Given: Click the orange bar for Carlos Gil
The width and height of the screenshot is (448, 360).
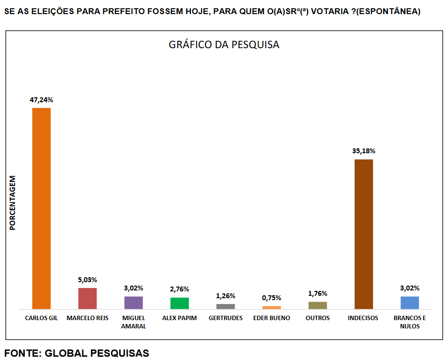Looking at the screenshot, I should click(41, 208).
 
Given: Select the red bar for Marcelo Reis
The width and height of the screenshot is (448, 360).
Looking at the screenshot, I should click(88, 298).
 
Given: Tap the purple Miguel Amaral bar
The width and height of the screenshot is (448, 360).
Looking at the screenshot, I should click(133, 303).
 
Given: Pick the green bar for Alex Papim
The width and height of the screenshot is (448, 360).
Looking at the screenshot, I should click(180, 303).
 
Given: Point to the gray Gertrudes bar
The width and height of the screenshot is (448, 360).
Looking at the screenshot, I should click(225, 306).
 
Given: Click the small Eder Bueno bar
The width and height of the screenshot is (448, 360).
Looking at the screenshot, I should click(272, 307).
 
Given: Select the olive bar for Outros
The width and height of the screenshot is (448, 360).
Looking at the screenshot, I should click(317, 305).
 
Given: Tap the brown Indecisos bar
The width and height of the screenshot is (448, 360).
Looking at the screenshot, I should click(363, 234).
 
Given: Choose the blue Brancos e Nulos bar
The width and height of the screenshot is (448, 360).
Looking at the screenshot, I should click(410, 303).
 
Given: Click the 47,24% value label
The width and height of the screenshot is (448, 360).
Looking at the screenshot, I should click(41, 100).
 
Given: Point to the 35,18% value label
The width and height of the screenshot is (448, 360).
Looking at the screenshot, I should click(364, 151).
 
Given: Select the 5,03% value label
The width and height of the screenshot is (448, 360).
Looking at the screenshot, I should click(88, 280).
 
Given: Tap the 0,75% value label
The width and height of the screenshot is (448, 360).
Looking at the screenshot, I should click(272, 298).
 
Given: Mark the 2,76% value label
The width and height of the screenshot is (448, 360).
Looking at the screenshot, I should click(180, 289).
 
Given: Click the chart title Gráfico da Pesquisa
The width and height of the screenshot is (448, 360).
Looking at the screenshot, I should click(224, 45).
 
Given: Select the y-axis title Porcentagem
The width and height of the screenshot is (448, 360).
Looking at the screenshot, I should click(13, 203).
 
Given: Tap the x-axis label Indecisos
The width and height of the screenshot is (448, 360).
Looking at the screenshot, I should click(363, 318).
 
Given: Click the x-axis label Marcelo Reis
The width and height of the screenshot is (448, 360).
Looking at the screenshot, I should click(88, 318).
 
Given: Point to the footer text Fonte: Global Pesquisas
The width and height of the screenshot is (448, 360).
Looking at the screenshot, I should click(77, 353).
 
